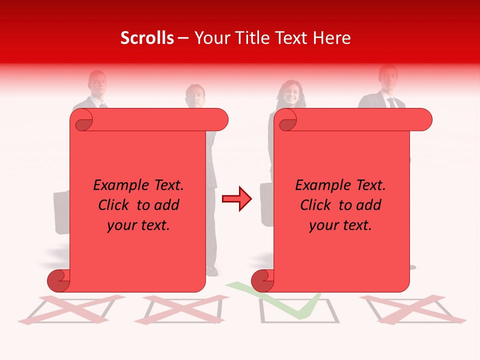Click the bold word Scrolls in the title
(x=147, y=38)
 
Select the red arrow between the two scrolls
(x=236, y=199)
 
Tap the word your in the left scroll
(x=121, y=225)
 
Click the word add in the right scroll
(x=369, y=205)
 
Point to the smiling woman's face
(x=291, y=93)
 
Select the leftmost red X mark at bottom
(x=70, y=308)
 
